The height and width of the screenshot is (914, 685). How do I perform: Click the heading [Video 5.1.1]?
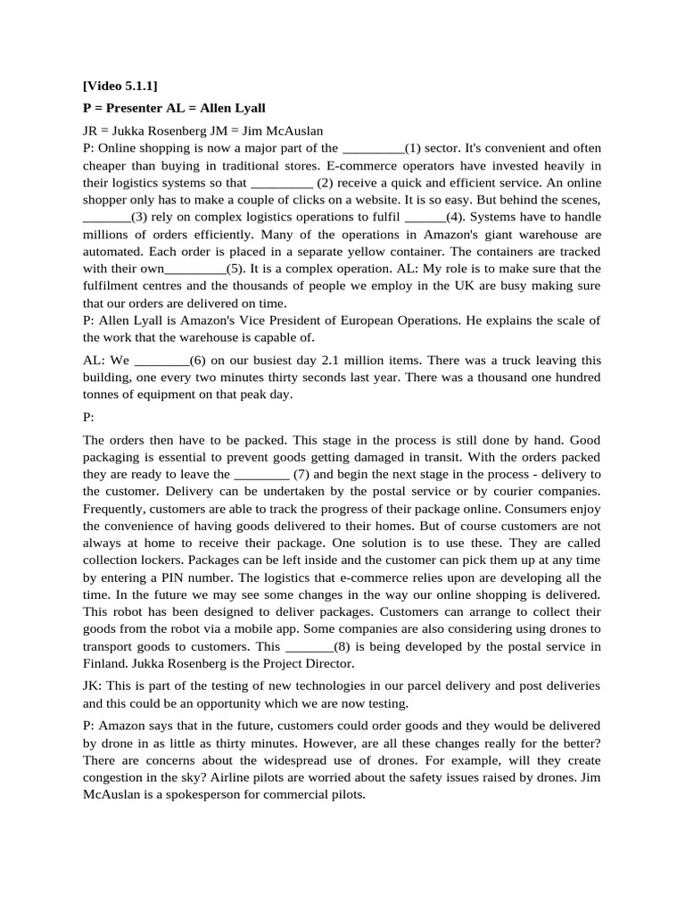[x=120, y=86]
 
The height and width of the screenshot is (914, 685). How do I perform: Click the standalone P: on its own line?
[x=88, y=417]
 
